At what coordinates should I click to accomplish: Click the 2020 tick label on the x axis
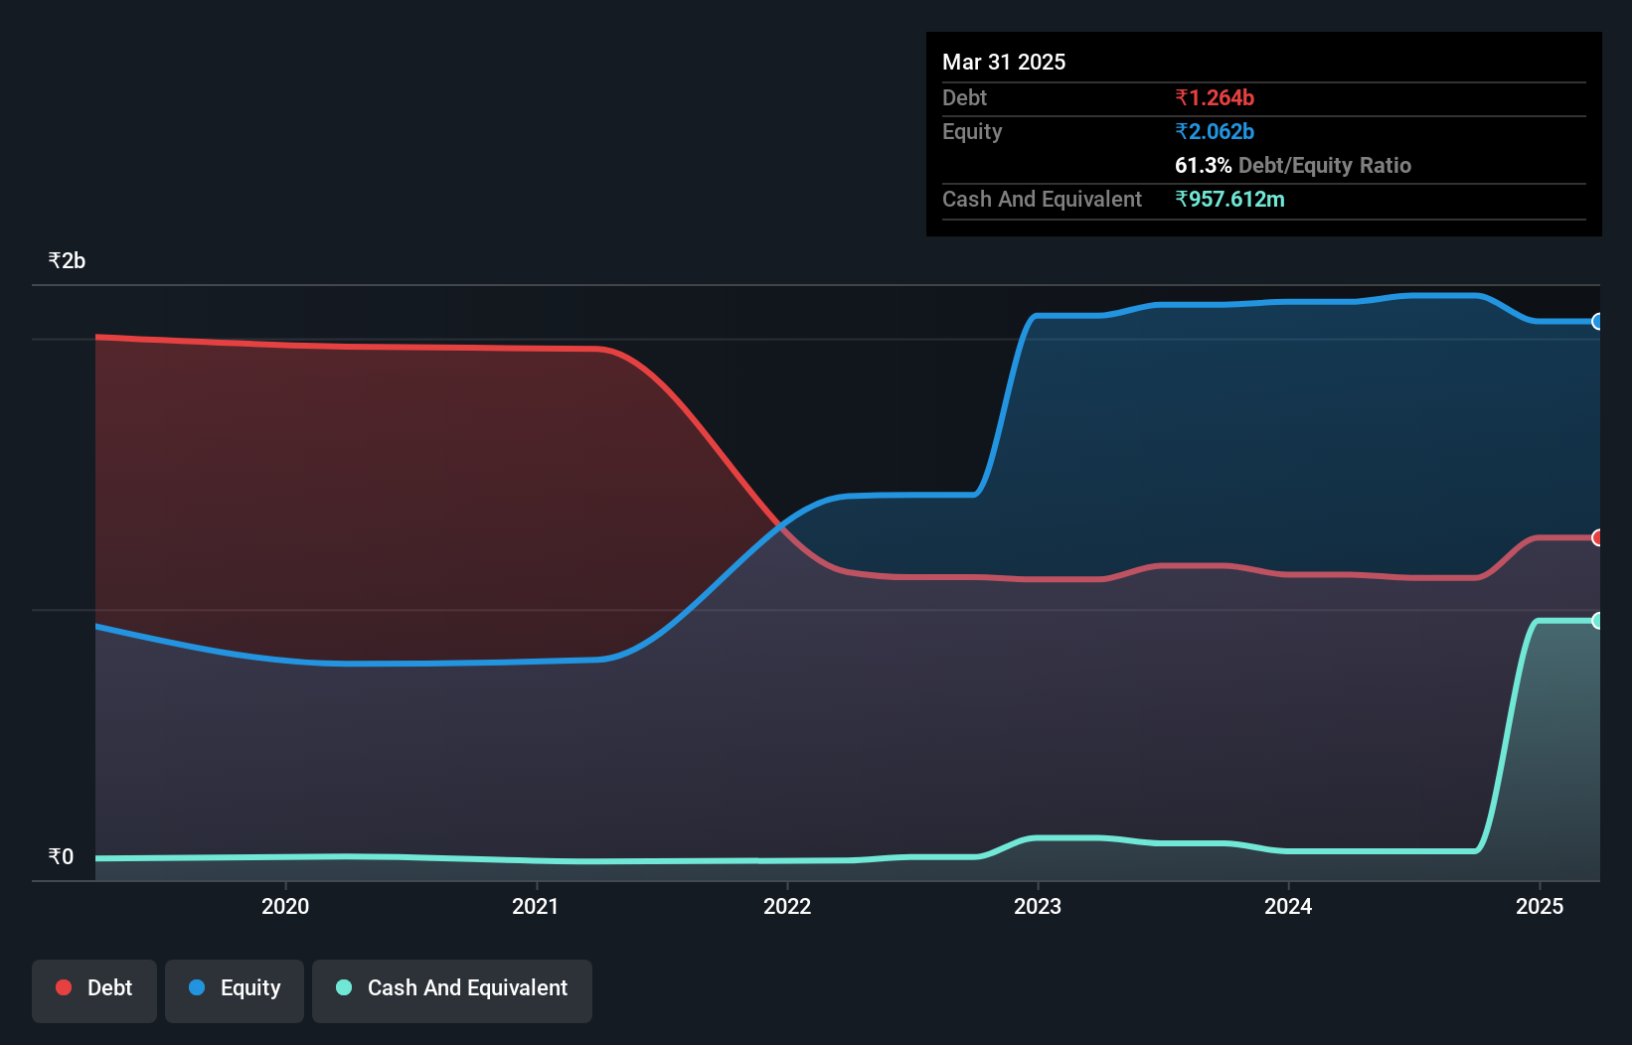285,906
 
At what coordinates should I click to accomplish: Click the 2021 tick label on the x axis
536,906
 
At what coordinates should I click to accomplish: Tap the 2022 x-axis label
787,906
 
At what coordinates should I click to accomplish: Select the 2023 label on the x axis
1038,906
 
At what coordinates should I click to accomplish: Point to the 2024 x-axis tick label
1288,906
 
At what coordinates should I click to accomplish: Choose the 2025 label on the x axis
1540,906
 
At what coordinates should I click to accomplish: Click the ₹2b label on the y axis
67,261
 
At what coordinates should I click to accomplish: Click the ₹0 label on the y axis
61,856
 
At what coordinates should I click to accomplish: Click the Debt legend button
94,988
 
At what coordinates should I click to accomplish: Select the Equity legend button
235,988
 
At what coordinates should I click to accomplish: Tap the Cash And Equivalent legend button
452,988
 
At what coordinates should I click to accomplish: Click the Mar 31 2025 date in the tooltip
1004,62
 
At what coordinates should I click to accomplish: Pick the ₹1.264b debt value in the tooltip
1215,97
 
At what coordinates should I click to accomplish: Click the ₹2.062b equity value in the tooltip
1215,131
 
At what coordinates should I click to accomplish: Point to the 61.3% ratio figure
1203,165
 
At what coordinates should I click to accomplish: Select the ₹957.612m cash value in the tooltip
1229,199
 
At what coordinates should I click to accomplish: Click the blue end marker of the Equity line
1598,321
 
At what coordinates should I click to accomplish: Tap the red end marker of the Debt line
1598,537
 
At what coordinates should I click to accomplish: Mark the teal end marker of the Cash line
1598,621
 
